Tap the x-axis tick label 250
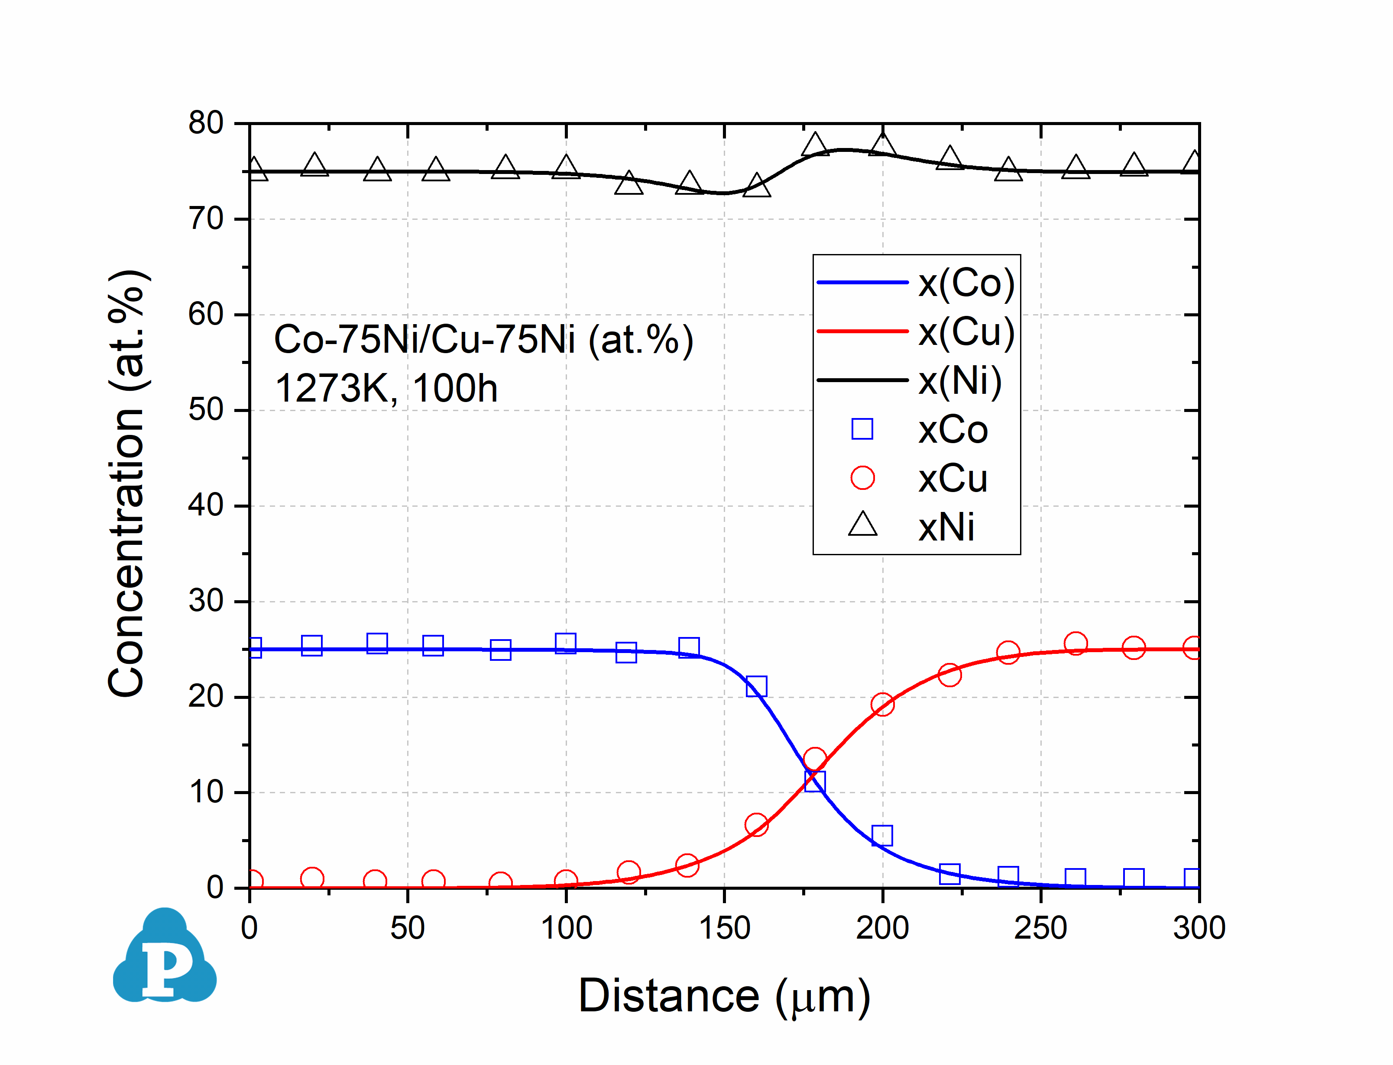pos(1040,928)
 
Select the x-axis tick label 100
pos(566,928)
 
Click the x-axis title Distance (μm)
pos(724,996)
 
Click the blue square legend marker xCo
pos(862,429)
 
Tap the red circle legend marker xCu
pos(862,478)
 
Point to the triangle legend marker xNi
pos(862,525)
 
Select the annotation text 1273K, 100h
pos(386,388)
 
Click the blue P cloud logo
pos(165,957)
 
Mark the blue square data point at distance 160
pos(756,686)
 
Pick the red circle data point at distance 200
pos(882,704)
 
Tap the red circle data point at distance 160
pos(756,825)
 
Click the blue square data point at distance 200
pos(882,836)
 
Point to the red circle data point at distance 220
pos(949,675)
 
